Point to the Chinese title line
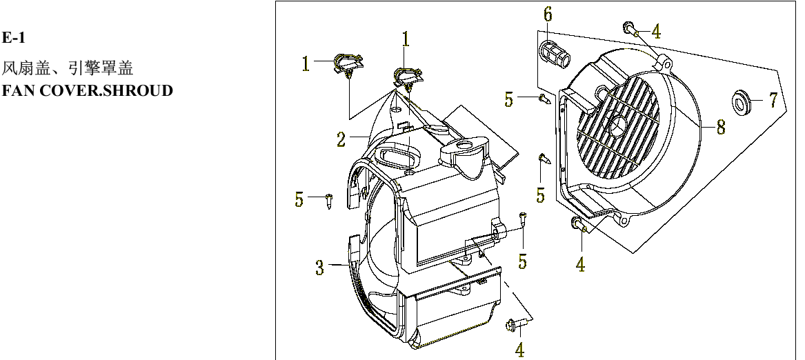pyautogui.click(x=72, y=69)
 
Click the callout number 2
pyautogui.click(x=341, y=141)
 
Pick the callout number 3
pyautogui.click(x=319, y=268)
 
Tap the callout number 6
pyautogui.click(x=548, y=14)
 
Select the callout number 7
pyautogui.click(x=773, y=100)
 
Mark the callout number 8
pyautogui.click(x=720, y=127)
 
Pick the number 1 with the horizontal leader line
pyautogui.click(x=306, y=64)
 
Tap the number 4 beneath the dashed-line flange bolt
pyautogui.click(x=519, y=350)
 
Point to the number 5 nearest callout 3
pyautogui.click(x=299, y=200)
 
